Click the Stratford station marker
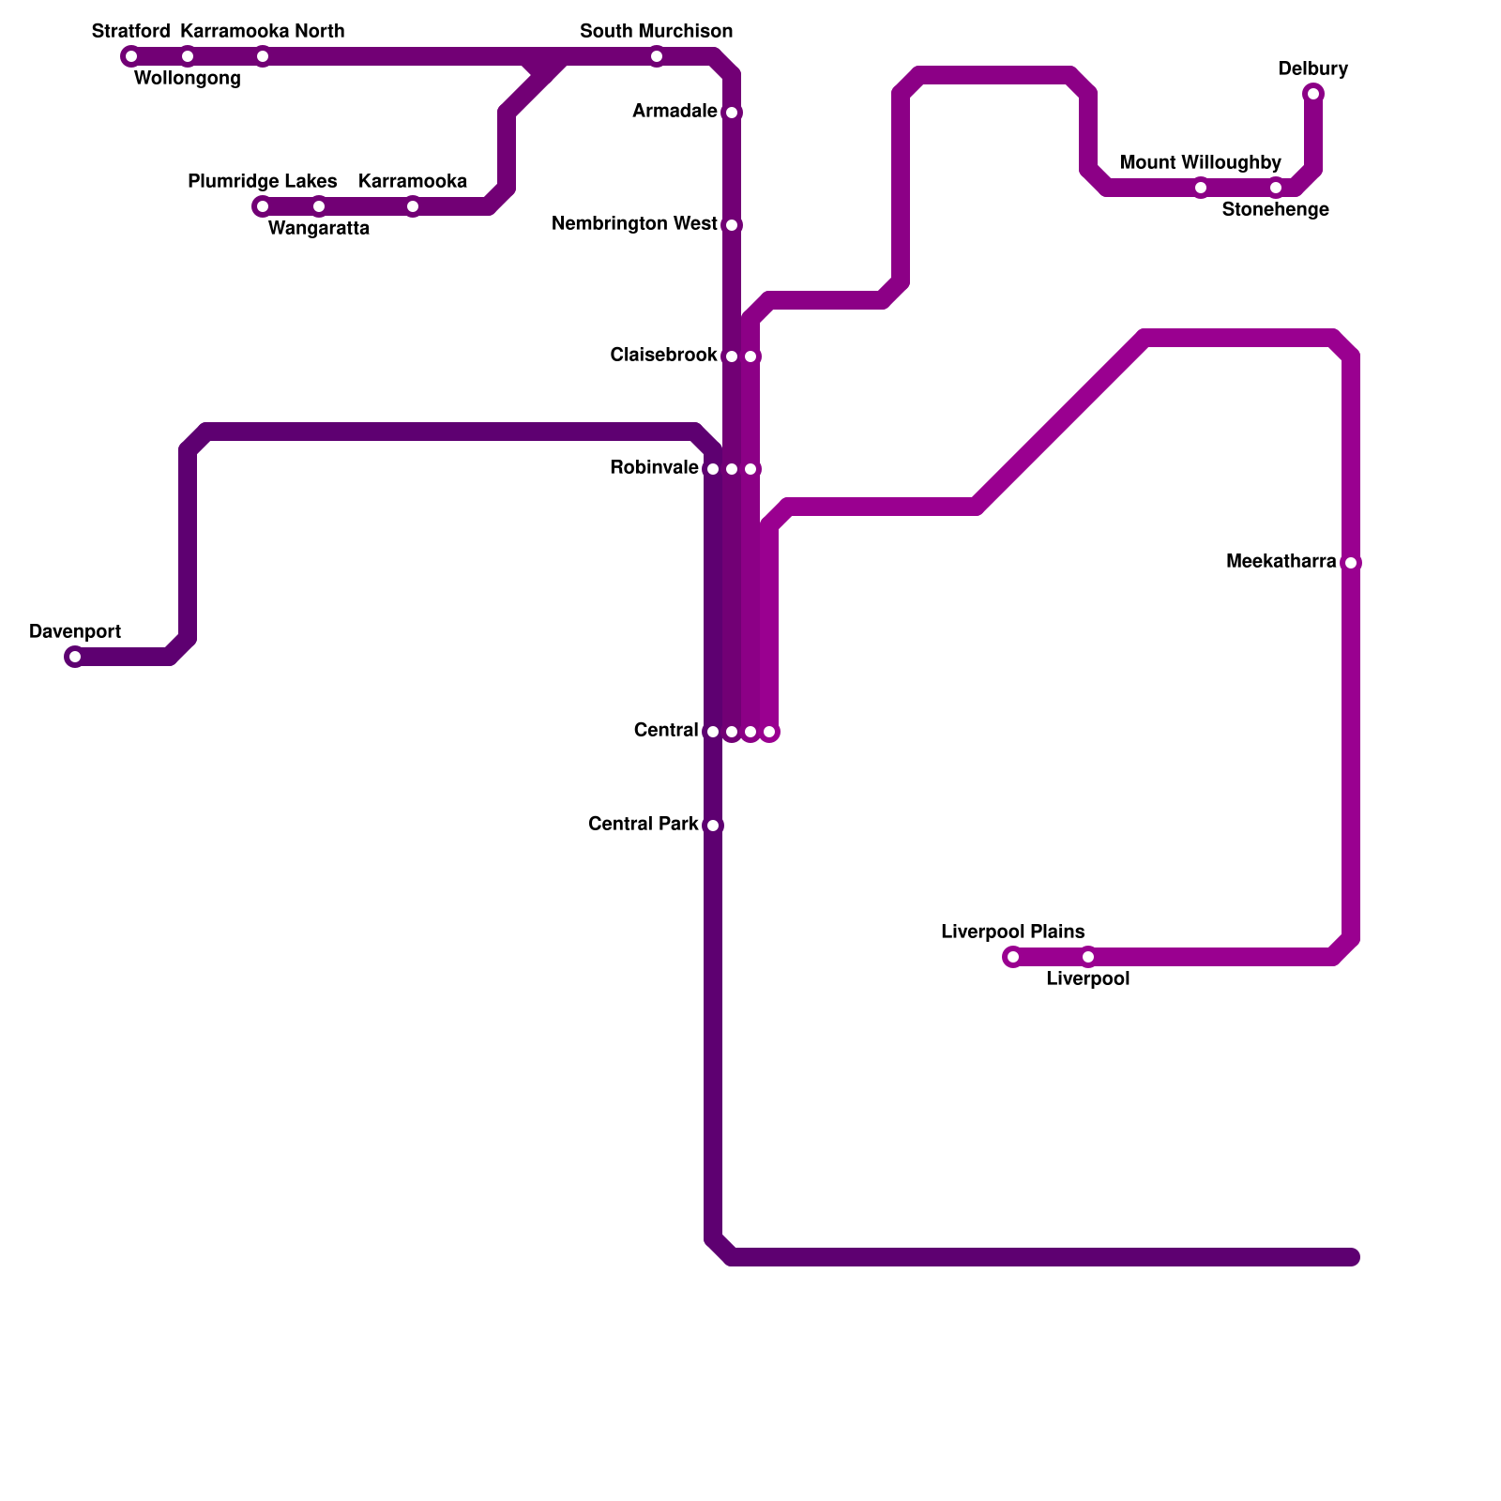pos(131,56)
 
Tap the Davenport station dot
pos(75,657)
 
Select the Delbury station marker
pos(1313,94)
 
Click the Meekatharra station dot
pos(1351,563)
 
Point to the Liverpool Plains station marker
pos(1013,957)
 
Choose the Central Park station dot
pos(713,826)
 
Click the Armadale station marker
pos(732,113)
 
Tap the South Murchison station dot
pos(657,56)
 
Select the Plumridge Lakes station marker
pos(263,206)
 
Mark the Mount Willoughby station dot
pos(1201,188)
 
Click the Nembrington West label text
pos(634,224)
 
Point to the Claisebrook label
pos(663,356)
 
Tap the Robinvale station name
pos(654,468)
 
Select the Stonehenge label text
pos(1275,210)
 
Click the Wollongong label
pos(188,79)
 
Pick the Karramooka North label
pos(263,32)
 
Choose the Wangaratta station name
pos(319,229)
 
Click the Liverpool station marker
pos(1088,957)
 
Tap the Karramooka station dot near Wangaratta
pos(413,206)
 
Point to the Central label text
pos(666,731)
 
